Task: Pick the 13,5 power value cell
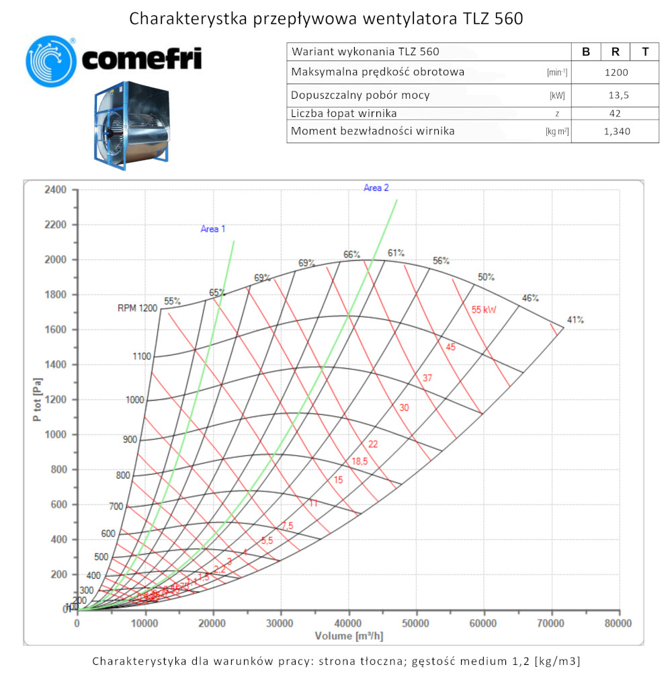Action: tap(616, 95)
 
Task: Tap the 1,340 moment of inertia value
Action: tap(616, 131)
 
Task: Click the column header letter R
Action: tap(616, 52)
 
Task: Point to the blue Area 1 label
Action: tap(213, 229)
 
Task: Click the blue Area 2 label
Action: tap(376, 188)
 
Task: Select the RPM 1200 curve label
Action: tap(137, 309)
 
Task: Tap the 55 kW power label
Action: tap(484, 310)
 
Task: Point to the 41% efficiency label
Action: tap(575, 320)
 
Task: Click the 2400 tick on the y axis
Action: tap(55, 190)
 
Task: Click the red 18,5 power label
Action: tap(360, 461)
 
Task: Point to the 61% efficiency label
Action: tap(396, 253)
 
